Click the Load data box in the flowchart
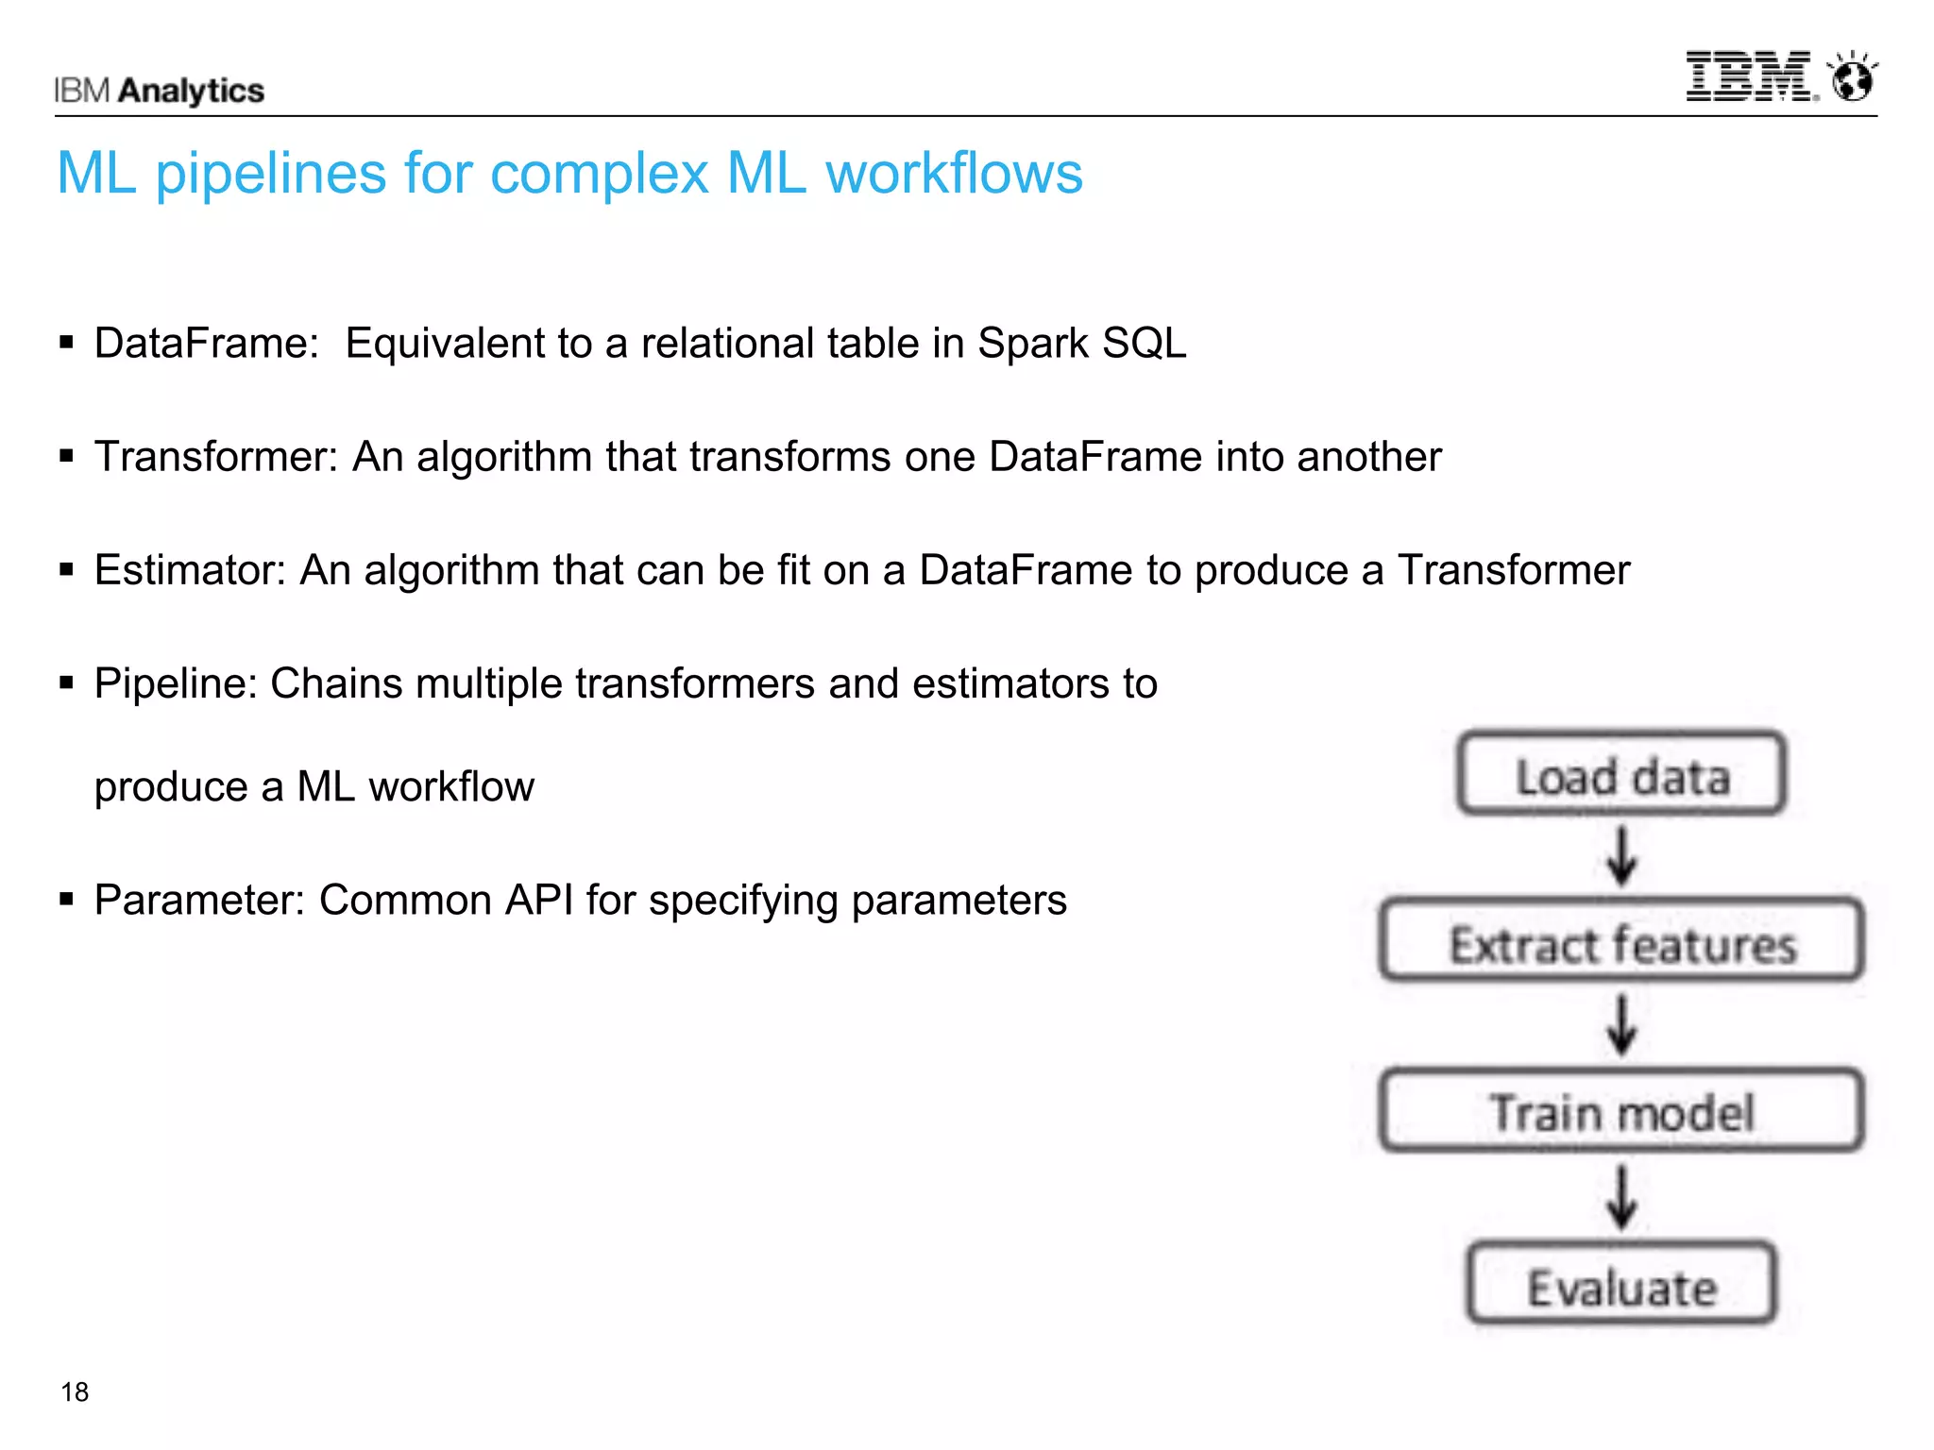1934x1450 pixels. coord(1621,773)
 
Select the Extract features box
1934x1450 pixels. coord(1621,941)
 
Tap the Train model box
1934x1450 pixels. coord(1621,1110)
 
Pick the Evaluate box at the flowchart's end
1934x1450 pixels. coord(1621,1285)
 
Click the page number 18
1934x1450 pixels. coord(75,1391)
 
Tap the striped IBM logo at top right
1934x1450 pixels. coord(1750,76)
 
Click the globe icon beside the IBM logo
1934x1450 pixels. coord(1852,78)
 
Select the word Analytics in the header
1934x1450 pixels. coord(192,91)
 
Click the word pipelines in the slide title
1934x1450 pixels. coord(271,175)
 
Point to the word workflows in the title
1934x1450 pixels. coord(954,174)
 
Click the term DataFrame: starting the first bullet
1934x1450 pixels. coord(207,344)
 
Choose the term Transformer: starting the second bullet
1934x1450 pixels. coord(216,457)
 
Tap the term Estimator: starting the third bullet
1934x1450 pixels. coord(190,570)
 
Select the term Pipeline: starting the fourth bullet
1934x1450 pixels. coord(176,683)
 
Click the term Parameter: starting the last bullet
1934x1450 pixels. coord(199,901)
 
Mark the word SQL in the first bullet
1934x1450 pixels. coord(1144,344)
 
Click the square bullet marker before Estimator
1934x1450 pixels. coord(66,569)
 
